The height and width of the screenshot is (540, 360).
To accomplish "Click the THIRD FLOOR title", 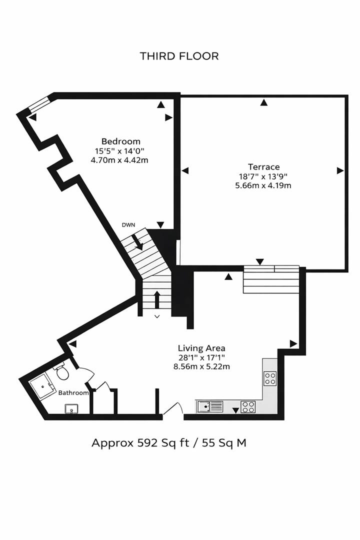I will click(x=179, y=56).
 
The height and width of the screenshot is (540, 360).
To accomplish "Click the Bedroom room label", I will click(x=120, y=141).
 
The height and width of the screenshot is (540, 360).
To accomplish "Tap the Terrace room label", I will click(x=263, y=167).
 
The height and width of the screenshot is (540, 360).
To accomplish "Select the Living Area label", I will click(x=201, y=348).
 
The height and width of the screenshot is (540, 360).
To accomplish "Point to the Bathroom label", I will click(x=73, y=393).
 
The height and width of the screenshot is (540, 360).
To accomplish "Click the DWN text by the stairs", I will click(x=128, y=225).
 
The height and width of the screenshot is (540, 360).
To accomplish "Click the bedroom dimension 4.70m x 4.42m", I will click(x=119, y=160).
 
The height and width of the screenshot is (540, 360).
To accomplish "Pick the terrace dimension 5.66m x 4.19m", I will click(x=263, y=185).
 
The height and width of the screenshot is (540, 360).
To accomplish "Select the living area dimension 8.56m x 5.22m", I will click(x=201, y=366).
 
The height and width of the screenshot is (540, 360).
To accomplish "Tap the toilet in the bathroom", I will click(x=62, y=372).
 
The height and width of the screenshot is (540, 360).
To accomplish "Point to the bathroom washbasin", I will click(x=71, y=409).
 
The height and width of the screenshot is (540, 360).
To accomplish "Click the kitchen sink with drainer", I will click(x=209, y=406).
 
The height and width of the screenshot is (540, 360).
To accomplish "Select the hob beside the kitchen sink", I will click(x=248, y=406).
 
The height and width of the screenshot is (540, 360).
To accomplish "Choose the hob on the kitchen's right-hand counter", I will click(x=270, y=378).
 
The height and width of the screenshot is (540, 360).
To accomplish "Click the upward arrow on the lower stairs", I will click(x=157, y=299).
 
